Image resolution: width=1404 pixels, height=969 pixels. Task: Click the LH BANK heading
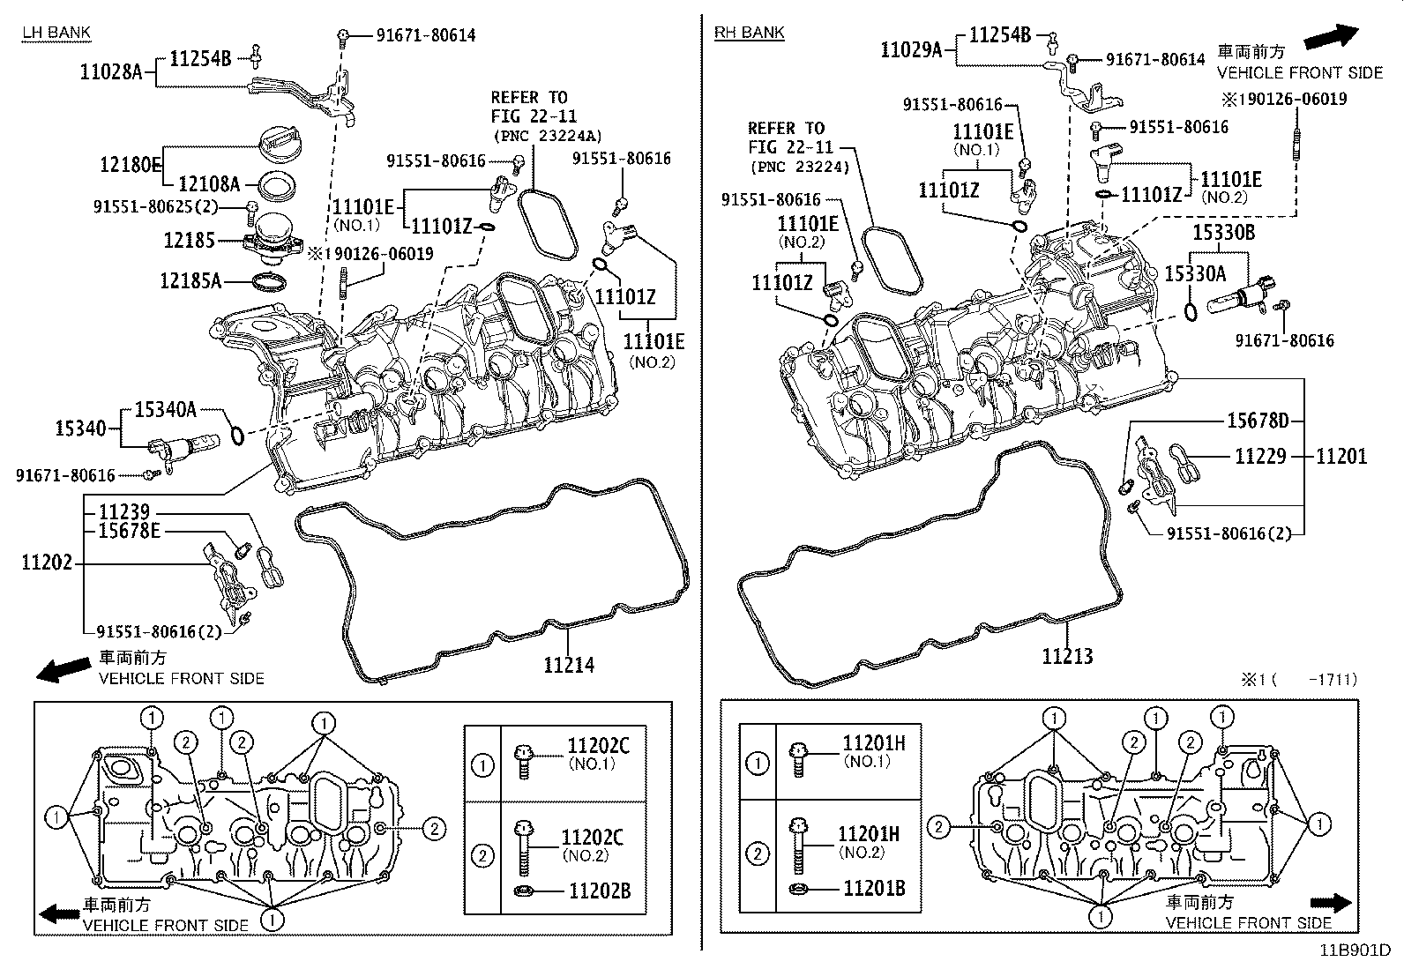click(56, 33)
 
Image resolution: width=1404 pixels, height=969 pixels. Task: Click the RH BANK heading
click(749, 33)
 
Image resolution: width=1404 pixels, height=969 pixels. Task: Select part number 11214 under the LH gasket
click(569, 665)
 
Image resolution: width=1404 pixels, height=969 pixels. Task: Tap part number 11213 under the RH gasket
click(1067, 656)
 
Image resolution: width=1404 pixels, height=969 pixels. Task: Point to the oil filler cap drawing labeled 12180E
click(280, 140)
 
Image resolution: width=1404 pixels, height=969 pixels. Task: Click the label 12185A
click(190, 281)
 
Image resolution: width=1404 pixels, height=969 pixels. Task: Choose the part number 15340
click(80, 429)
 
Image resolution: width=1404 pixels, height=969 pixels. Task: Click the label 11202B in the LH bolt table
click(599, 891)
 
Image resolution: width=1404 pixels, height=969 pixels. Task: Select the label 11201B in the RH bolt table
click(874, 888)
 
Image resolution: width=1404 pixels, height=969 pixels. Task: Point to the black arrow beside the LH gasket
click(63, 669)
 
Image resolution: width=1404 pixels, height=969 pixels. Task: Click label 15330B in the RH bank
click(1223, 234)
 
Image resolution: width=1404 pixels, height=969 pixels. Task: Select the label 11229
click(1260, 456)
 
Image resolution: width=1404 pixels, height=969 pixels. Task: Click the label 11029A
click(911, 50)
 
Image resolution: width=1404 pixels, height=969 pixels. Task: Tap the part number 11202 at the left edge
click(47, 563)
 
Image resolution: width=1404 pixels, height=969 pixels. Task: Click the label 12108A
click(209, 184)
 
